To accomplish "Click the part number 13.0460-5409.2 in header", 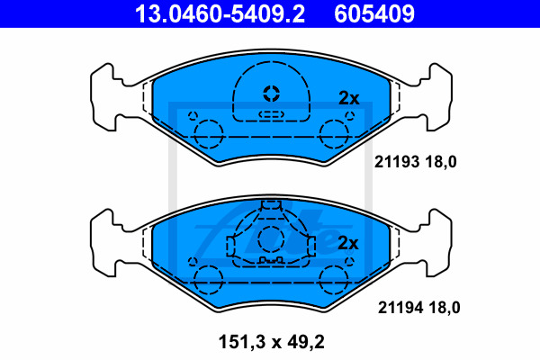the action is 220,13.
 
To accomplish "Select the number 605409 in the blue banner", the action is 374,13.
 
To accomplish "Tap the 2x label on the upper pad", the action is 349,98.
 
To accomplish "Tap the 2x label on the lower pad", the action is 348,243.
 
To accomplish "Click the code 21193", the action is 397,162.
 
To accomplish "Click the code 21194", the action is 400,308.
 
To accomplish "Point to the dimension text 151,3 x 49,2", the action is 272,342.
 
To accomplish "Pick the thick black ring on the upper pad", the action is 272,94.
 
